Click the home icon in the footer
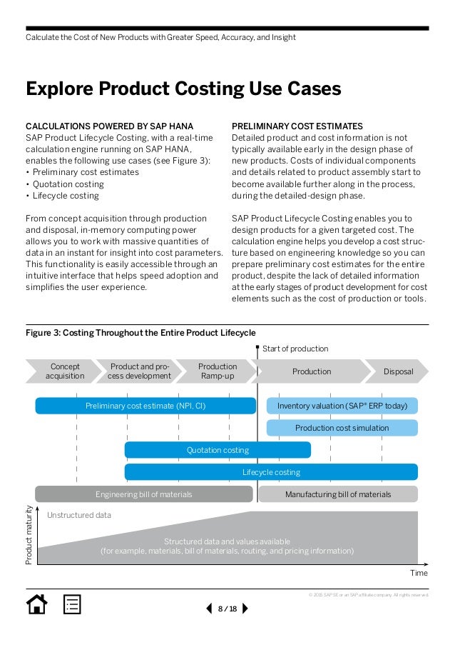[36, 604]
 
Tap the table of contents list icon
[72, 604]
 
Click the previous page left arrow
[209, 609]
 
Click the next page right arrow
[245, 609]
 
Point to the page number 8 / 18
[227, 609]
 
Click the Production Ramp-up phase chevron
[217, 371]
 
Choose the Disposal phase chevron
[398, 371]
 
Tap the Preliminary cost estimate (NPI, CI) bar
[145, 406]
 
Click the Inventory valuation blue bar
[342, 406]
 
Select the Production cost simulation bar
[342, 428]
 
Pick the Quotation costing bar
[218, 450]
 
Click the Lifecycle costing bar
[271, 472]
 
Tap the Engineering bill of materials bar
[143, 494]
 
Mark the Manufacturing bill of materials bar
[338, 494]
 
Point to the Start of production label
[295, 349]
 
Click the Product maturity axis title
[29, 536]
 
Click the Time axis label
[419, 573]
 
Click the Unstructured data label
[78, 515]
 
